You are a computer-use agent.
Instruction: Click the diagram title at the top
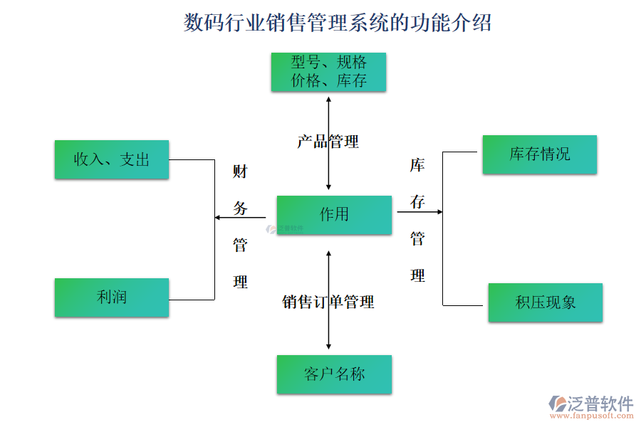point(338,23)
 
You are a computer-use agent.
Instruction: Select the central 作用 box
point(334,215)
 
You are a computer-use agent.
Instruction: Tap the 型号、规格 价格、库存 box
point(328,72)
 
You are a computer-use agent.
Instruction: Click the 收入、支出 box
point(112,159)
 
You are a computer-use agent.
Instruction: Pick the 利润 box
point(112,297)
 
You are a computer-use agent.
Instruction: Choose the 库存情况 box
point(539,154)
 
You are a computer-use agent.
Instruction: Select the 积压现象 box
point(545,302)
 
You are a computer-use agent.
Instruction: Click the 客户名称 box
point(334,374)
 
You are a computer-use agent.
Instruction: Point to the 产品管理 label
point(328,142)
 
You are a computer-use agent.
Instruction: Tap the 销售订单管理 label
point(328,302)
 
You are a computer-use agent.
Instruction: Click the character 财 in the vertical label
point(240,172)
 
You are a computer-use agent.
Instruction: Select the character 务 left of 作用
point(240,209)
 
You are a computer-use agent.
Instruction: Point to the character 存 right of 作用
point(417,203)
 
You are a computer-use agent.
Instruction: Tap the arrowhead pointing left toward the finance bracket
point(218,218)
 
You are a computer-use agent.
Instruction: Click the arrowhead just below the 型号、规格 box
point(328,97)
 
